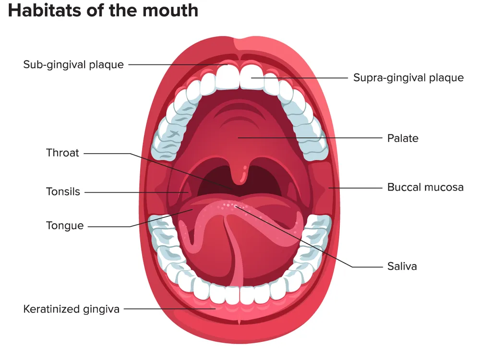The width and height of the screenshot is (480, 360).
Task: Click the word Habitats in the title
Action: (x=45, y=10)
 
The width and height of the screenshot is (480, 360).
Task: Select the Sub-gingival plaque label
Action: (x=73, y=65)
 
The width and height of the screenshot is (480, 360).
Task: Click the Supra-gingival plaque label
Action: (x=408, y=78)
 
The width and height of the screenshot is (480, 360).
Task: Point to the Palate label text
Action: (x=403, y=138)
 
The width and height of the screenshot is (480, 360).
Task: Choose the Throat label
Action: (x=62, y=153)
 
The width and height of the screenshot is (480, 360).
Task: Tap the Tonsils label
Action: (x=63, y=192)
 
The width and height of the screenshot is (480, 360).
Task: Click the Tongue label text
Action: (x=65, y=226)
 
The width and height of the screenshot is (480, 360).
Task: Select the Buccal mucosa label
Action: (x=425, y=187)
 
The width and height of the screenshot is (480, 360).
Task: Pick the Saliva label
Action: (x=402, y=266)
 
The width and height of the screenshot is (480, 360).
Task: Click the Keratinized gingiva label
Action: (x=72, y=309)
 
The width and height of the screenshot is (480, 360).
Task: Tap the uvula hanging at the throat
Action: (x=241, y=174)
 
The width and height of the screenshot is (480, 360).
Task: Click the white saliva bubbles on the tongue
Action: (x=232, y=205)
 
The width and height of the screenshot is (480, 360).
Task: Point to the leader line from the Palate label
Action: (x=310, y=138)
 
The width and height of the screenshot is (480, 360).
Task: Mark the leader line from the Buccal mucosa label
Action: (x=355, y=188)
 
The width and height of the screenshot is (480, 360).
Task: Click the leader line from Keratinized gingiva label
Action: (x=170, y=309)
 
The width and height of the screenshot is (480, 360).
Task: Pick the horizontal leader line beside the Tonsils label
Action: (x=136, y=192)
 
